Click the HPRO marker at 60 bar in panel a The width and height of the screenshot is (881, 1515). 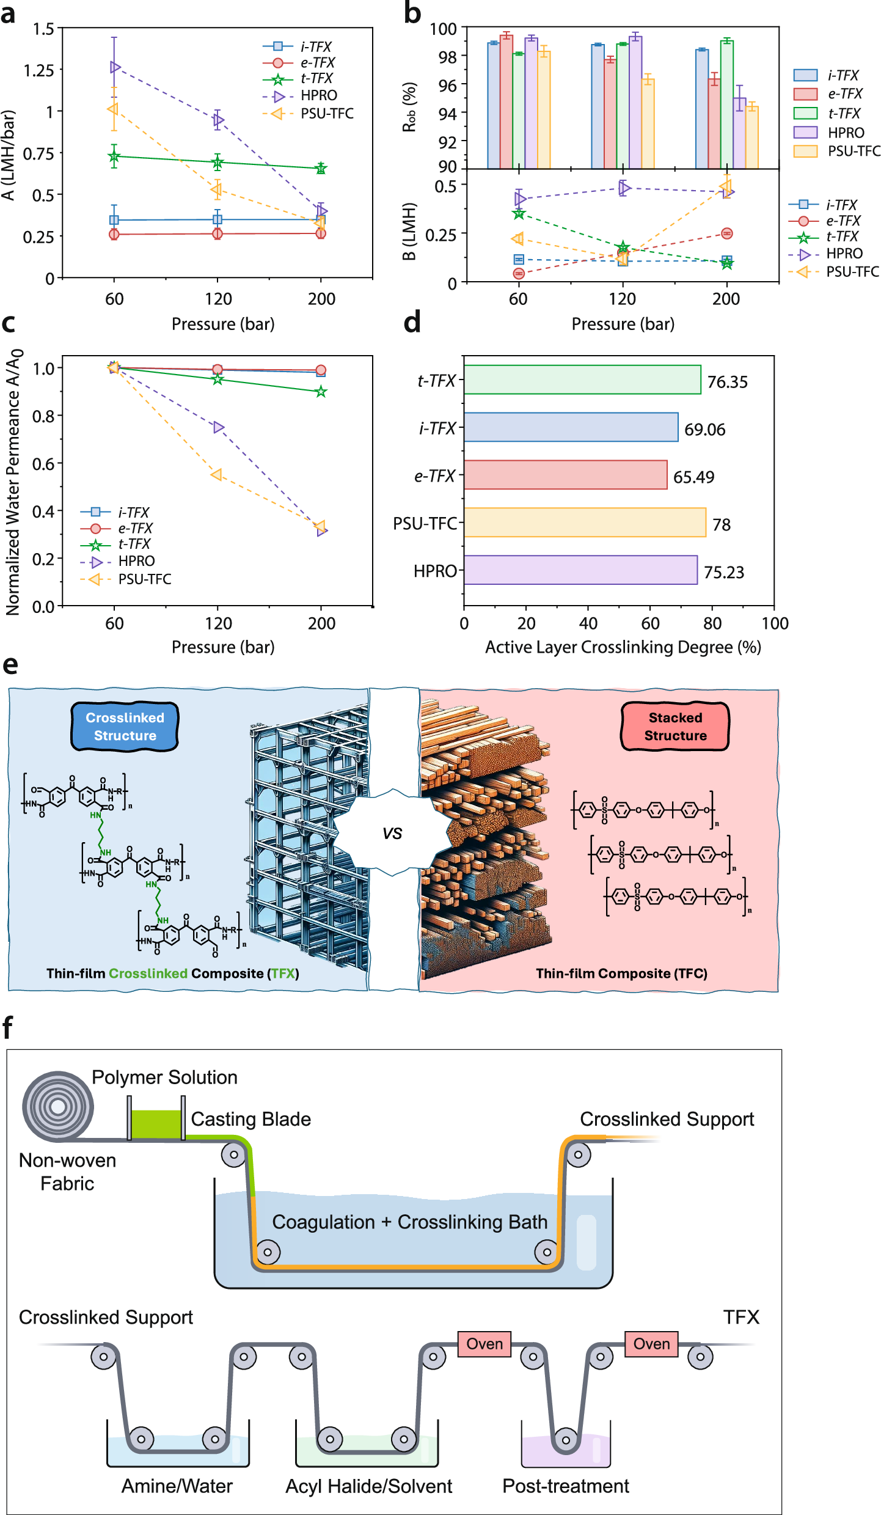(x=115, y=67)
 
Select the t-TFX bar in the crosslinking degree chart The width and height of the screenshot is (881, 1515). (x=582, y=380)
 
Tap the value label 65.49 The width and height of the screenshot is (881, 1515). (x=693, y=477)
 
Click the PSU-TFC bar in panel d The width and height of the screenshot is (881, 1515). (x=585, y=523)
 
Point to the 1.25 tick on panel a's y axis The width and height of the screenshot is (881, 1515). (x=38, y=70)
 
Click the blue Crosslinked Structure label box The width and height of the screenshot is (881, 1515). (x=125, y=726)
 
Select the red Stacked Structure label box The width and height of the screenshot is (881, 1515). (x=675, y=726)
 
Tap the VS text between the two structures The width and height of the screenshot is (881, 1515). (x=392, y=834)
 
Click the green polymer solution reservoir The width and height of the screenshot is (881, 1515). (x=156, y=1124)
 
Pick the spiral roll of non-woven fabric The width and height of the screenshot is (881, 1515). (x=58, y=1106)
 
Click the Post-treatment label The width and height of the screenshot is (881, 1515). (x=565, y=1486)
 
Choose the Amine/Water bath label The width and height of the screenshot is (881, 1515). (x=177, y=1486)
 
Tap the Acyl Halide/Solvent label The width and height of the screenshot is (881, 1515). (x=368, y=1486)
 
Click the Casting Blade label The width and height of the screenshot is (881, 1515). (x=250, y=1118)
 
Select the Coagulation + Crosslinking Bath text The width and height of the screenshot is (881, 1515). (x=409, y=1222)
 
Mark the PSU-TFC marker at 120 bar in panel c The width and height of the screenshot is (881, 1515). (x=216, y=475)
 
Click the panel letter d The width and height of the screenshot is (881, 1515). (x=412, y=321)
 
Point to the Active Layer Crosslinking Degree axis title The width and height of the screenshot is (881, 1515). (x=623, y=647)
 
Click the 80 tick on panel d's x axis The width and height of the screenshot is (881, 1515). (x=712, y=623)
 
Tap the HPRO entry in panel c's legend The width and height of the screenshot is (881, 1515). (x=136, y=561)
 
